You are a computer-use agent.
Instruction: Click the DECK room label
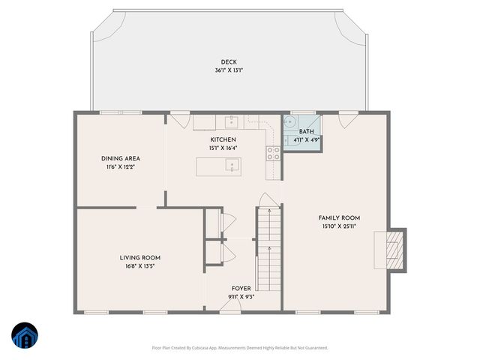pos(229,62)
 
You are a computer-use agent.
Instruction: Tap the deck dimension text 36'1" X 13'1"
pos(229,70)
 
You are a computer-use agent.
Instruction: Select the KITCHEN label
pos(223,139)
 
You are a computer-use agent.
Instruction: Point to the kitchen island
pos(219,166)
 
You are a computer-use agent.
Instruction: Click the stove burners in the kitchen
pos(273,153)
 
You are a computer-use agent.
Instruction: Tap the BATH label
pos(306,131)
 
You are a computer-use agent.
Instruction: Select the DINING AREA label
pos(121,158)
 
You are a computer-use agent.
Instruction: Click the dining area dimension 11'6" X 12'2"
pos(121,166)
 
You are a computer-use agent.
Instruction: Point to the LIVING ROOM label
pos(140,257)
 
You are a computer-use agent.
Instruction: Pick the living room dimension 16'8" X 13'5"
pos(140,265)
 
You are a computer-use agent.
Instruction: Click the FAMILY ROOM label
pos(340,217)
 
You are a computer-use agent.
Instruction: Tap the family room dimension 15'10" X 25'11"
pos(340,226)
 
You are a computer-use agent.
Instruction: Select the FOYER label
pos(241,288)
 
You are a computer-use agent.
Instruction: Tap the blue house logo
pos(24,337)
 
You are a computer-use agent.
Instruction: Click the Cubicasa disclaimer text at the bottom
pos(240,347)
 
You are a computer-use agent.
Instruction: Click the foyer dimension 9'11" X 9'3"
pos(241,296)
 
